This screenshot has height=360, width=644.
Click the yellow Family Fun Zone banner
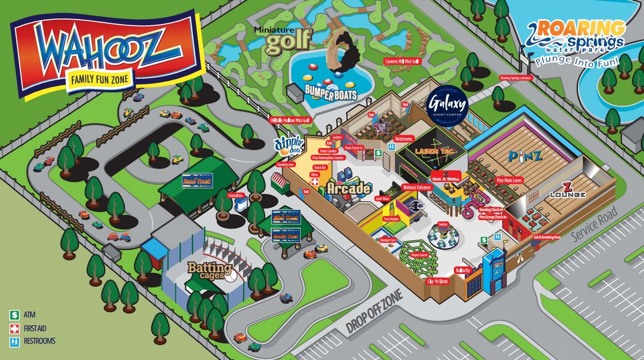[100, 79]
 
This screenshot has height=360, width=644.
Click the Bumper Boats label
[331, 92]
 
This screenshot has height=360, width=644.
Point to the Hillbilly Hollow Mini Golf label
[290, 121]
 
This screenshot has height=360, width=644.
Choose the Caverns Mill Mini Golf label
[402, 61]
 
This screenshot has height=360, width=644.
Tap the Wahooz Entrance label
[416, 188]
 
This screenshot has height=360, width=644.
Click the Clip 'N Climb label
[437, 281]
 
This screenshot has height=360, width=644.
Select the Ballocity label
[463, 270]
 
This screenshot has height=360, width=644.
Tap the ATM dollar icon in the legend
[15, 315]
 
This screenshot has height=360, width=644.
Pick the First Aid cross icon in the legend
[15, 329]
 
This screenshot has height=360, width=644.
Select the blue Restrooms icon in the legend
[15, 342]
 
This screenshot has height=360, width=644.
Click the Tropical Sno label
[235, 196]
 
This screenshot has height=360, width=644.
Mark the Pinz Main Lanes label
[509, 181]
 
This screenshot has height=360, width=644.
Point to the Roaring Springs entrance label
[515, 78]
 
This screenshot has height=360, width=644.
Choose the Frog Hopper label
[391, 219]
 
